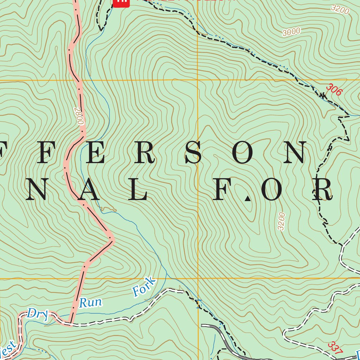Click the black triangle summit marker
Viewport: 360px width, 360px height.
[248, 199]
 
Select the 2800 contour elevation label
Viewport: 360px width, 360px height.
[79, 116]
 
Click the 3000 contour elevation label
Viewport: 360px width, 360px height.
[291, 32]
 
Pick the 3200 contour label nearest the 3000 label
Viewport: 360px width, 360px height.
[340, 9]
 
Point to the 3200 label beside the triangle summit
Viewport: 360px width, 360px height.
[281, 221]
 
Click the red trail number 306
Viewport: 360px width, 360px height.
[334, 89]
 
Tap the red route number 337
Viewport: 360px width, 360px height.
[335, 348]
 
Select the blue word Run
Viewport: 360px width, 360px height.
[90, 302]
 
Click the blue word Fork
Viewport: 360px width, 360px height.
[144, 286]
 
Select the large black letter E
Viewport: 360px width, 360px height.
[94, 153]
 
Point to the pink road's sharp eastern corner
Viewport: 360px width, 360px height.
[112, 239]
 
